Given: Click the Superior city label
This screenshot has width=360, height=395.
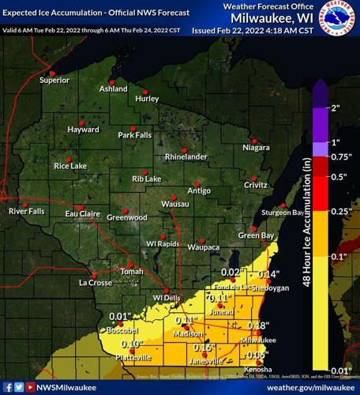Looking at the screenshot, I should (54, 80).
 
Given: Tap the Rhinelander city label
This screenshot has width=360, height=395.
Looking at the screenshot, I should (186, 156).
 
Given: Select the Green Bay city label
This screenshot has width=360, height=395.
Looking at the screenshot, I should (256, 235).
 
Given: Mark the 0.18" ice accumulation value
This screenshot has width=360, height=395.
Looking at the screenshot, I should (258, 325).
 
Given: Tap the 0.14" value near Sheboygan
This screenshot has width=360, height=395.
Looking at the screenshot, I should (269, 274).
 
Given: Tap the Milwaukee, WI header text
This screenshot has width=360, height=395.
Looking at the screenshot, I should (275, 18).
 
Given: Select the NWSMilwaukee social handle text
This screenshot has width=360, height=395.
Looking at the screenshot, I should (67, 387).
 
